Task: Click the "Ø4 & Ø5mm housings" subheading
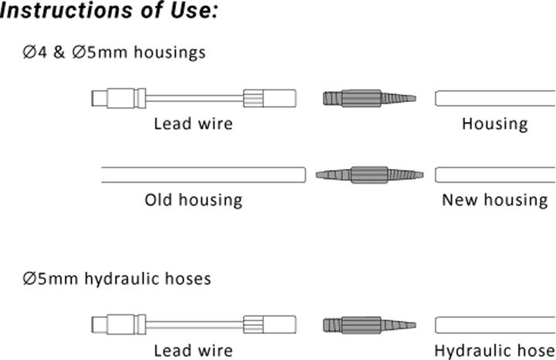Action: (x=114, y=53)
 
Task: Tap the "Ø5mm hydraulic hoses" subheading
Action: (x=117, y=278)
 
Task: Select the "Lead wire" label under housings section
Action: (x=192, y=123)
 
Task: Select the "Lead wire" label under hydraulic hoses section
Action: (x=192, y=350)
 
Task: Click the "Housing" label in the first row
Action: (x=494, y=123)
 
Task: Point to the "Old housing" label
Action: (x=193, y=200)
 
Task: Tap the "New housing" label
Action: (x=494, y=200)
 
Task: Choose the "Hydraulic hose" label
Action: (x=494, y=350)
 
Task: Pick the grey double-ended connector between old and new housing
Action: (x=369, y=175)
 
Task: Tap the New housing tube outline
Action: (x=495, y=175)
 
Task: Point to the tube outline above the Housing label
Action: (x=495, y=98)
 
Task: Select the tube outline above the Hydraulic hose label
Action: (x=495, y=324)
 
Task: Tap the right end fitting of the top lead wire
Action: (x=270, y=99)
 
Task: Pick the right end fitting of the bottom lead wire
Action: (x=270, y=324)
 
